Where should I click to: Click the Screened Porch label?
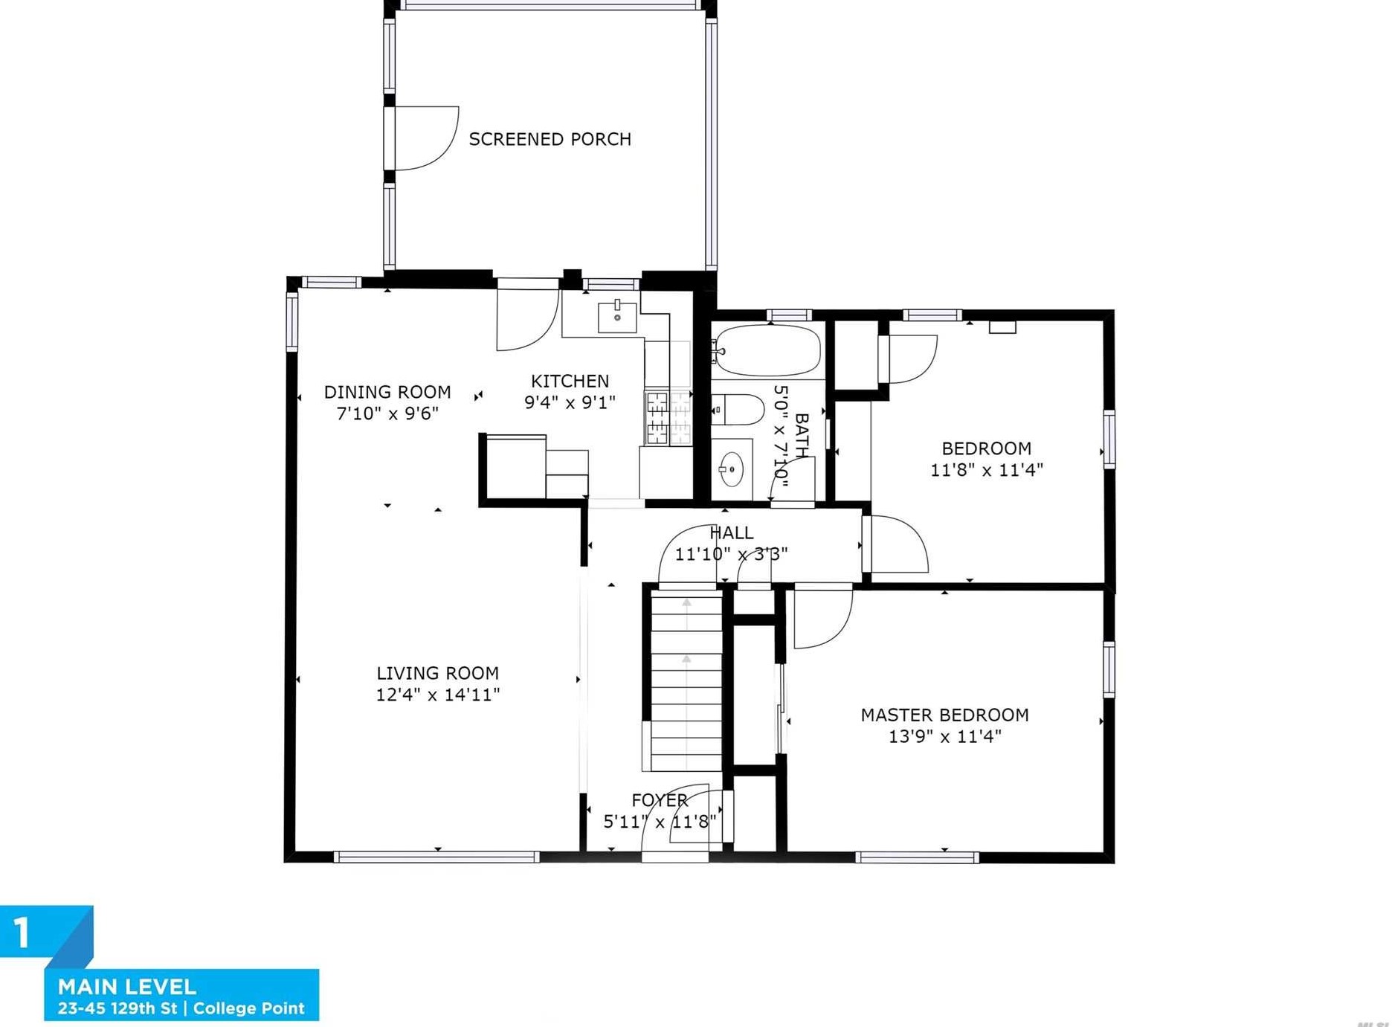(550, 139)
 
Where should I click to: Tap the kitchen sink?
(617, 317)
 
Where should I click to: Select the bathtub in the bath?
(768, 350)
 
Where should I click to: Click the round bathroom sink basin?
(731, 469)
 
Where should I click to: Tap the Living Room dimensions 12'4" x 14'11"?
(438, 695)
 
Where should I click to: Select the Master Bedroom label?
(944, 715)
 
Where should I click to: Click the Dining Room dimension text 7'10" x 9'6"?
(387, 413)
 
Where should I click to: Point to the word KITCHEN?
(570, 381)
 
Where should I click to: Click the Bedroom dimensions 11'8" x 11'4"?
(987, 470)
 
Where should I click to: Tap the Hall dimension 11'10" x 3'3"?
(731, 554)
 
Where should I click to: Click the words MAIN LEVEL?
(127, 987)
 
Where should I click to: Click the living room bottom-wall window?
(436, 857)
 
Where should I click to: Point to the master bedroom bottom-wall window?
(917, 857)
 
